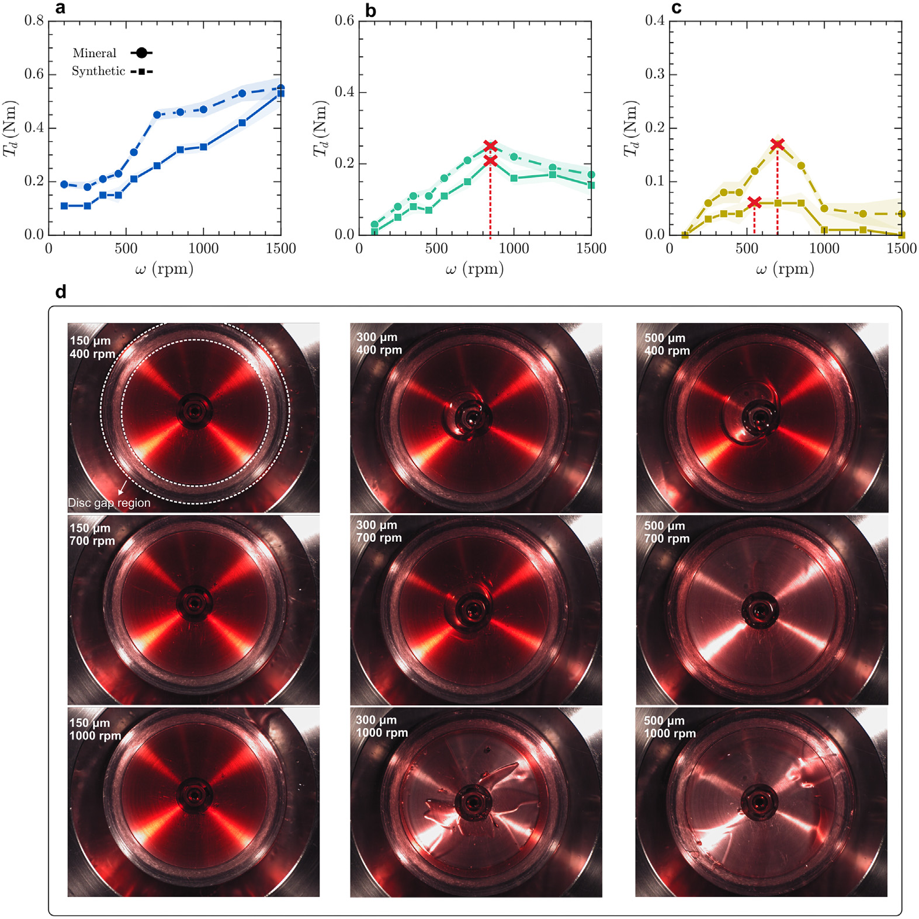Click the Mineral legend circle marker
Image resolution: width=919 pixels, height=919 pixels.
point(141,53)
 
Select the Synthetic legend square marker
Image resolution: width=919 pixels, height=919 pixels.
point(141,71)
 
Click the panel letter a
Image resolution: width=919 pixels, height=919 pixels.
point(60,8)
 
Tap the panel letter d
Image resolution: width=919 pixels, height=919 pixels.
point(61,291)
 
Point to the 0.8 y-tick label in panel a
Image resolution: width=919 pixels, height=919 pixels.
point(34,21)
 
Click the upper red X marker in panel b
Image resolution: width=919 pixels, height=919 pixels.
point(490,145)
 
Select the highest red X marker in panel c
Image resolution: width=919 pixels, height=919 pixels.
point(777,144)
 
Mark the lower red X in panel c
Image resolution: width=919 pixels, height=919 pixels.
point(754,203)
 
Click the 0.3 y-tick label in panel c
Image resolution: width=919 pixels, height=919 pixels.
point(655,74)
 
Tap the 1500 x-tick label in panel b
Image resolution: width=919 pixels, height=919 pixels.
point(591,249)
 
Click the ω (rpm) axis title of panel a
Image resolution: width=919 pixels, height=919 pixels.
point(164,269)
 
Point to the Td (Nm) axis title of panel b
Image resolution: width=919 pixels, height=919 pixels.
point(321,128)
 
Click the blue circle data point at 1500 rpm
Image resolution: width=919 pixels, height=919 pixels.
point(281,88)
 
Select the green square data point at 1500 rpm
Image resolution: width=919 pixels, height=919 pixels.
point(591,185)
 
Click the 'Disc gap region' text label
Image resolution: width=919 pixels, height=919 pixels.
point(109,503)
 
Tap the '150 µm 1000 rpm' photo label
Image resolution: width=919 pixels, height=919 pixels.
point(95,729)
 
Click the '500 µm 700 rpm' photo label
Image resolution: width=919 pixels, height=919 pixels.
point(667,532)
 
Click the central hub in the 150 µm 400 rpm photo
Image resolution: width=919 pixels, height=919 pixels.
point(195,412)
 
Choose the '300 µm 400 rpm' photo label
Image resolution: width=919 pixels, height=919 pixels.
point(379,343)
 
